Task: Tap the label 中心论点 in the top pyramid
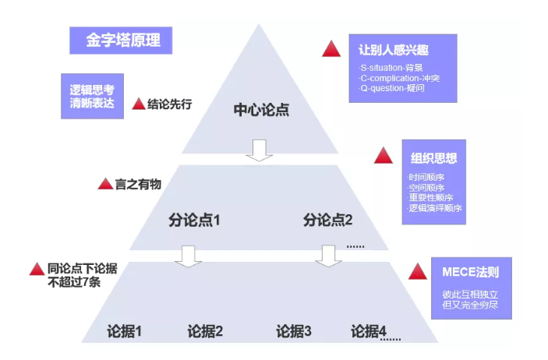261,109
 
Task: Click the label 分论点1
194,220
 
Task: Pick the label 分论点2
328,220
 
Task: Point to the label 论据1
124,331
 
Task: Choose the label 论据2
205,331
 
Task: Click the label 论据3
294,331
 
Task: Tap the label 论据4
369,331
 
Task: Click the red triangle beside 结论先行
138,104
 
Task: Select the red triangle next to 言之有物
105,184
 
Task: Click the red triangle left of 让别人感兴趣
332,48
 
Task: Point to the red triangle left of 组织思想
383,156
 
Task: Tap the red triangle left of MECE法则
418,272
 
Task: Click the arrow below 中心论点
260,150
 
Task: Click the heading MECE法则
471,273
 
